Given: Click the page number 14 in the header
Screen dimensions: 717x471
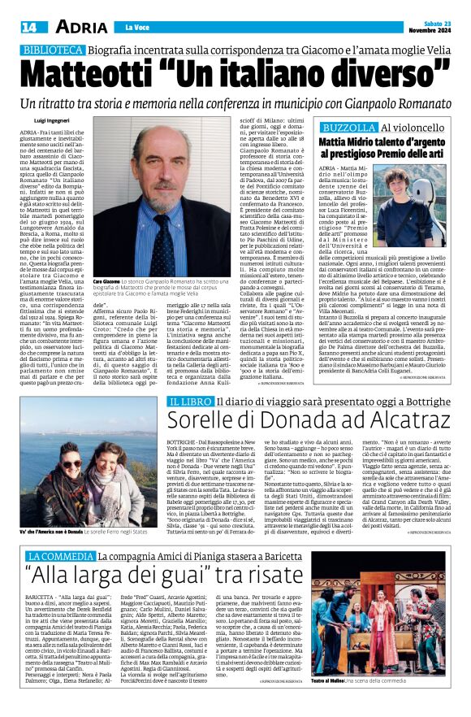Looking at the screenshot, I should (x=27, y=27).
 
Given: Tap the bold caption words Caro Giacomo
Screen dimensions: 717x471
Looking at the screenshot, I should (x=108, y=280).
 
